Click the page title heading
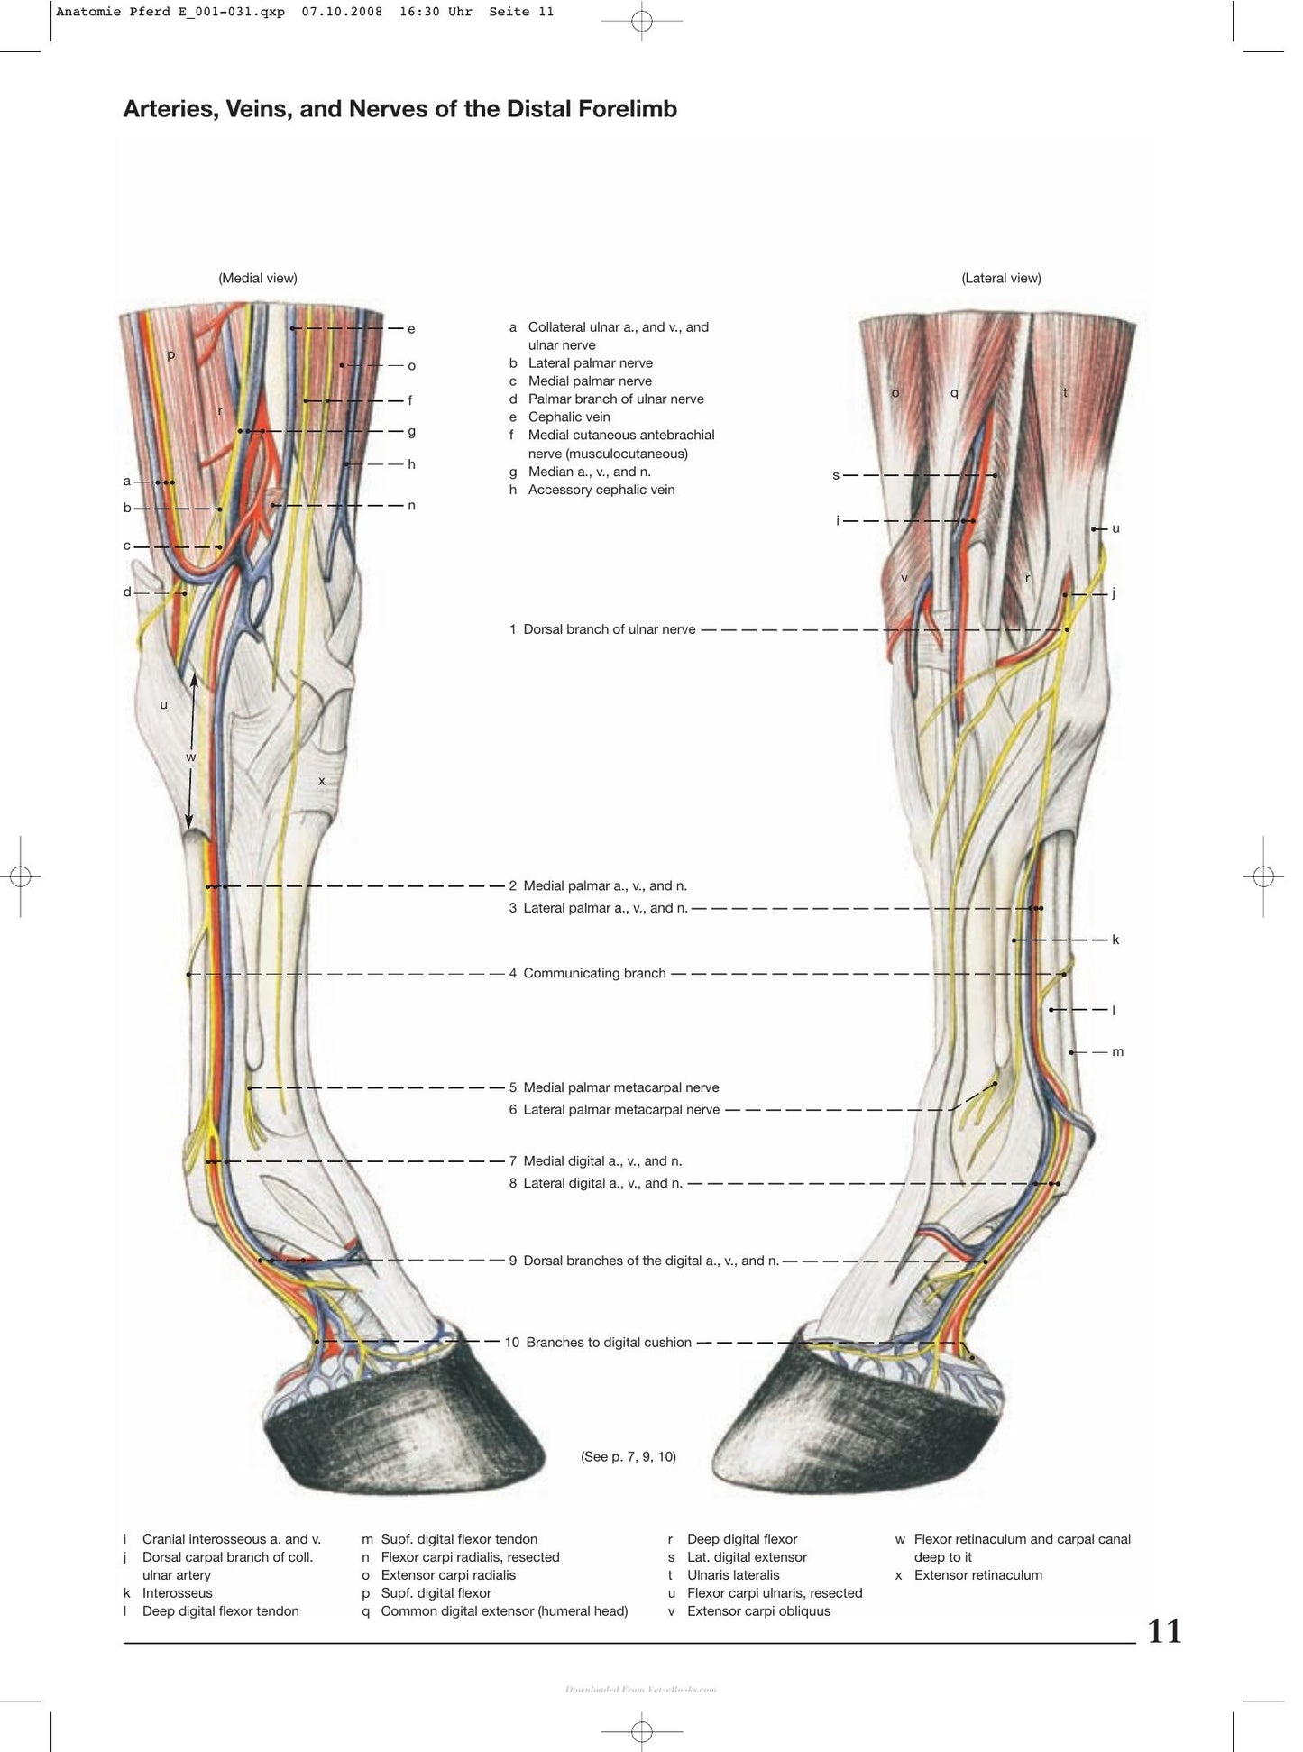click(x=399, y=109)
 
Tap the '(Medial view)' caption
click(x=258, y=278)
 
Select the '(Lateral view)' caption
click(x=1001, y=278)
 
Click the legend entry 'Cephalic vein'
click(x=569, y=417)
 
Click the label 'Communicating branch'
click(x=594, y=973)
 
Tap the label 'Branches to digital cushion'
click(x=609, y=1343)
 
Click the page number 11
click(x=1164, y=1631)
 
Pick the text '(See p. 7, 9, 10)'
click(x=629, y=1456)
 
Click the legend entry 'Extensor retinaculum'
click(x=978, y=1575)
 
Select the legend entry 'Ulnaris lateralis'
click(x=733, y=1575)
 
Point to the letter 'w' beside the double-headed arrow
click(x=191, y=757)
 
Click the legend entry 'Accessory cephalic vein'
click(x=601, y=490)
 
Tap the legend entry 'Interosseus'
click(x=178, y=1593)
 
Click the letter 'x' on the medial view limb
click(x=321, y=781)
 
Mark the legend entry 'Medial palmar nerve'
click(x=590, y=381)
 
